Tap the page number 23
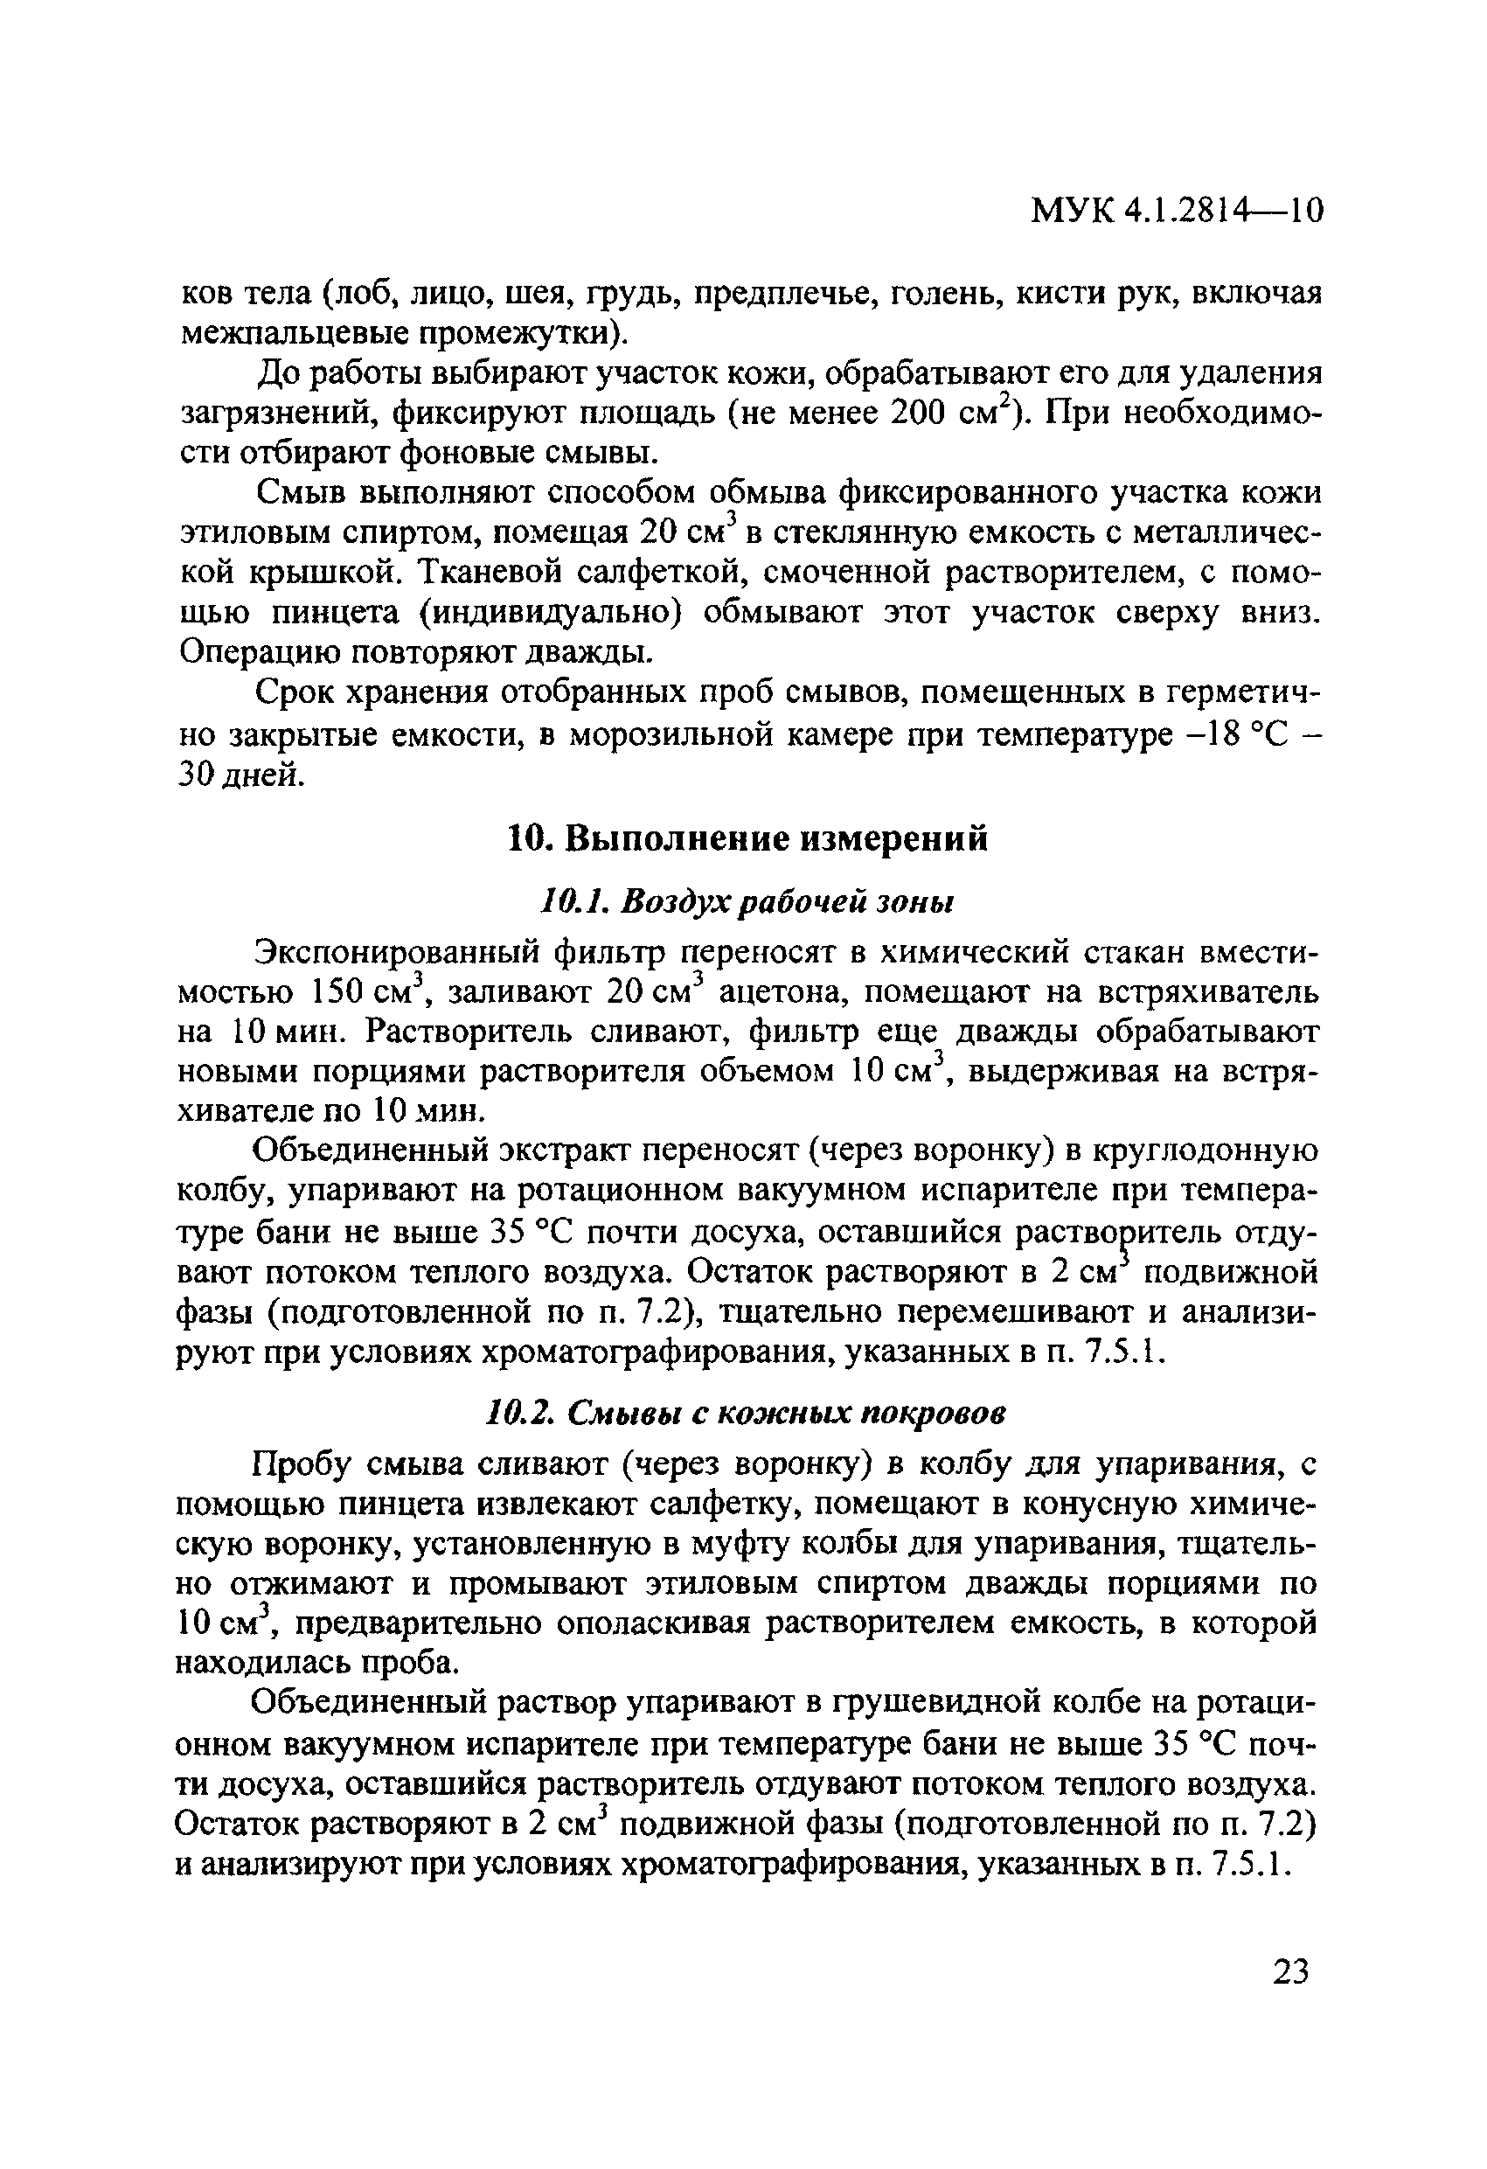(x=1290, y=1972)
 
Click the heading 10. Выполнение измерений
(x=747, y=839)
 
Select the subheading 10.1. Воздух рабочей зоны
(x=747, y=901)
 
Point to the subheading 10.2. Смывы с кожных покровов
(x=747, y=1414)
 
